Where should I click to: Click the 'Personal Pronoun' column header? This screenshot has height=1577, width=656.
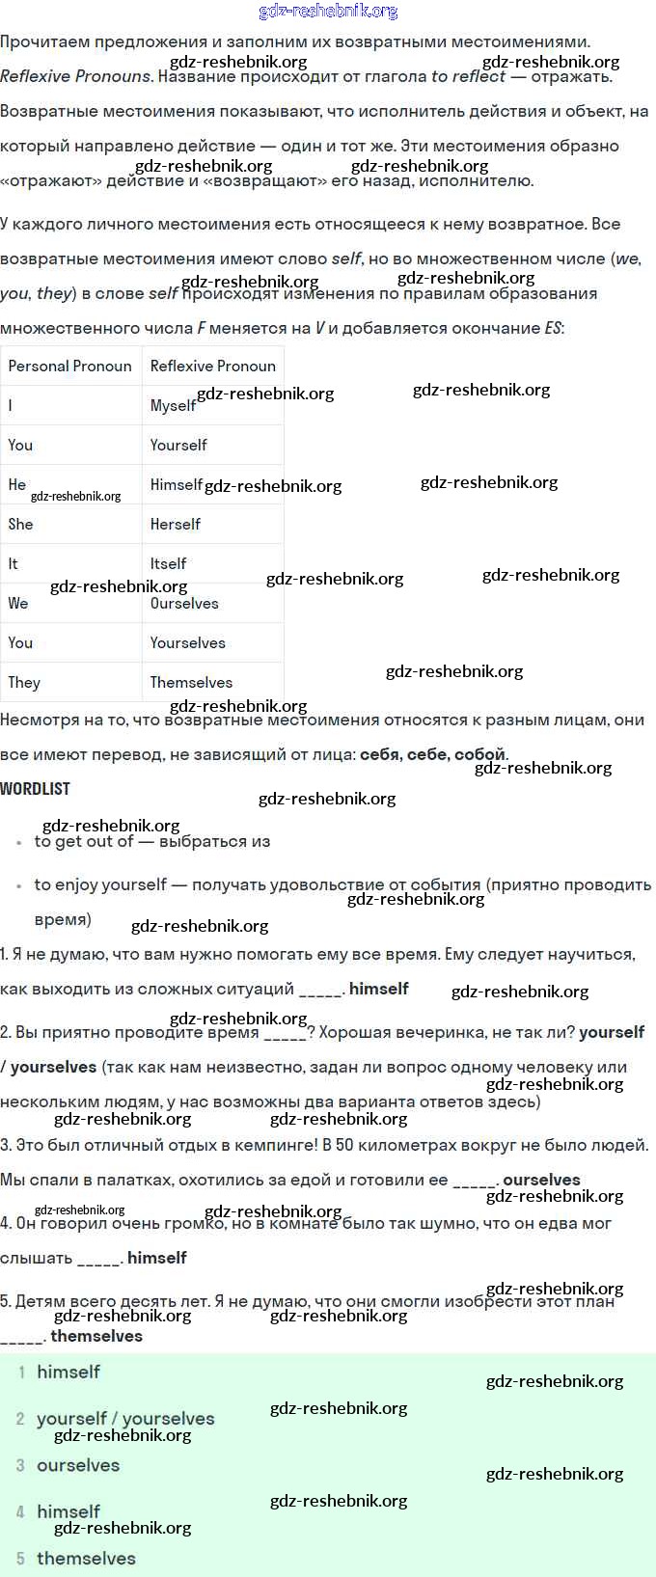[69, 367]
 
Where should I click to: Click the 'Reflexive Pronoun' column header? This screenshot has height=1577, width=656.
[212, 367]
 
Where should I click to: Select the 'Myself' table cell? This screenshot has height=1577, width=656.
[173, 406]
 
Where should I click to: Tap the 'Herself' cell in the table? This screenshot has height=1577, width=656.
[175, 525]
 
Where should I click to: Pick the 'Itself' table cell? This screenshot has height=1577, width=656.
[168, 564]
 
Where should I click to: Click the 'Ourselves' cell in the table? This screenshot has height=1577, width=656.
[184, 604]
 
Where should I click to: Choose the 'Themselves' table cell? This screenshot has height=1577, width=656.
[191, 683]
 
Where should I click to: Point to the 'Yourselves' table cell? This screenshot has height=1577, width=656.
[187, 643]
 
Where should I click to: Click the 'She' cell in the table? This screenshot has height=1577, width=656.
[20, 525]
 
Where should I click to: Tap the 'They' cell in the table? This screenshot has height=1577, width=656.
[24, 683]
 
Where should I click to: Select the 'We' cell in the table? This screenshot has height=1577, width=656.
[18, 604]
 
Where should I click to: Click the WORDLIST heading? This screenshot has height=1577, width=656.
[36, 789]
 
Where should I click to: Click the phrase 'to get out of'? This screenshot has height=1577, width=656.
[84, 842]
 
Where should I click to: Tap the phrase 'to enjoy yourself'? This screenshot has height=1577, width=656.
[100, 885]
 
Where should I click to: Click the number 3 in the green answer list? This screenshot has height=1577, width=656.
[20, 1465]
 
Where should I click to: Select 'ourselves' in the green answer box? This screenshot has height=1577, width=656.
[78, 1465]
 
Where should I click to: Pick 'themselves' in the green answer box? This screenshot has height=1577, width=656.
[86, 1559]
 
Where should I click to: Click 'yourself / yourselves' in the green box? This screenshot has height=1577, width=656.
[125, 1419]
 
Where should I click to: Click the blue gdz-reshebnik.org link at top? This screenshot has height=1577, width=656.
[328, 12]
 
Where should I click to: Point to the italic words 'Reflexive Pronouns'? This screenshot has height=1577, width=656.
[76, 77]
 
